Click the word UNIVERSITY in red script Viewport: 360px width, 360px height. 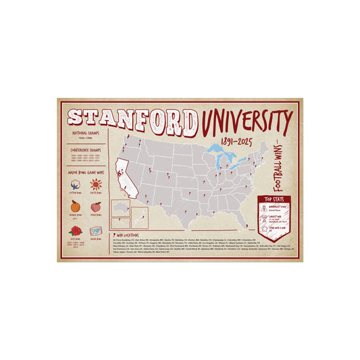point(246,122)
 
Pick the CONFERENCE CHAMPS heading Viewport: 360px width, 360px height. point(86,149)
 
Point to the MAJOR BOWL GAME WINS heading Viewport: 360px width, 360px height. point(86,172)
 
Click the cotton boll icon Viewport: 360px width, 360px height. point(76,184)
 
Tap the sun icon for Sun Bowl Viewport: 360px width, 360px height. point(95,184)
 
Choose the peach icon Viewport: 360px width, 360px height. point(95,207)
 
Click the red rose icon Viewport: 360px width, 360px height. point(76,230)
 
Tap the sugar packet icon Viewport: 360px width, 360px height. point(95,230)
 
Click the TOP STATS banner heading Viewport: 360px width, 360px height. point(274,200)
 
